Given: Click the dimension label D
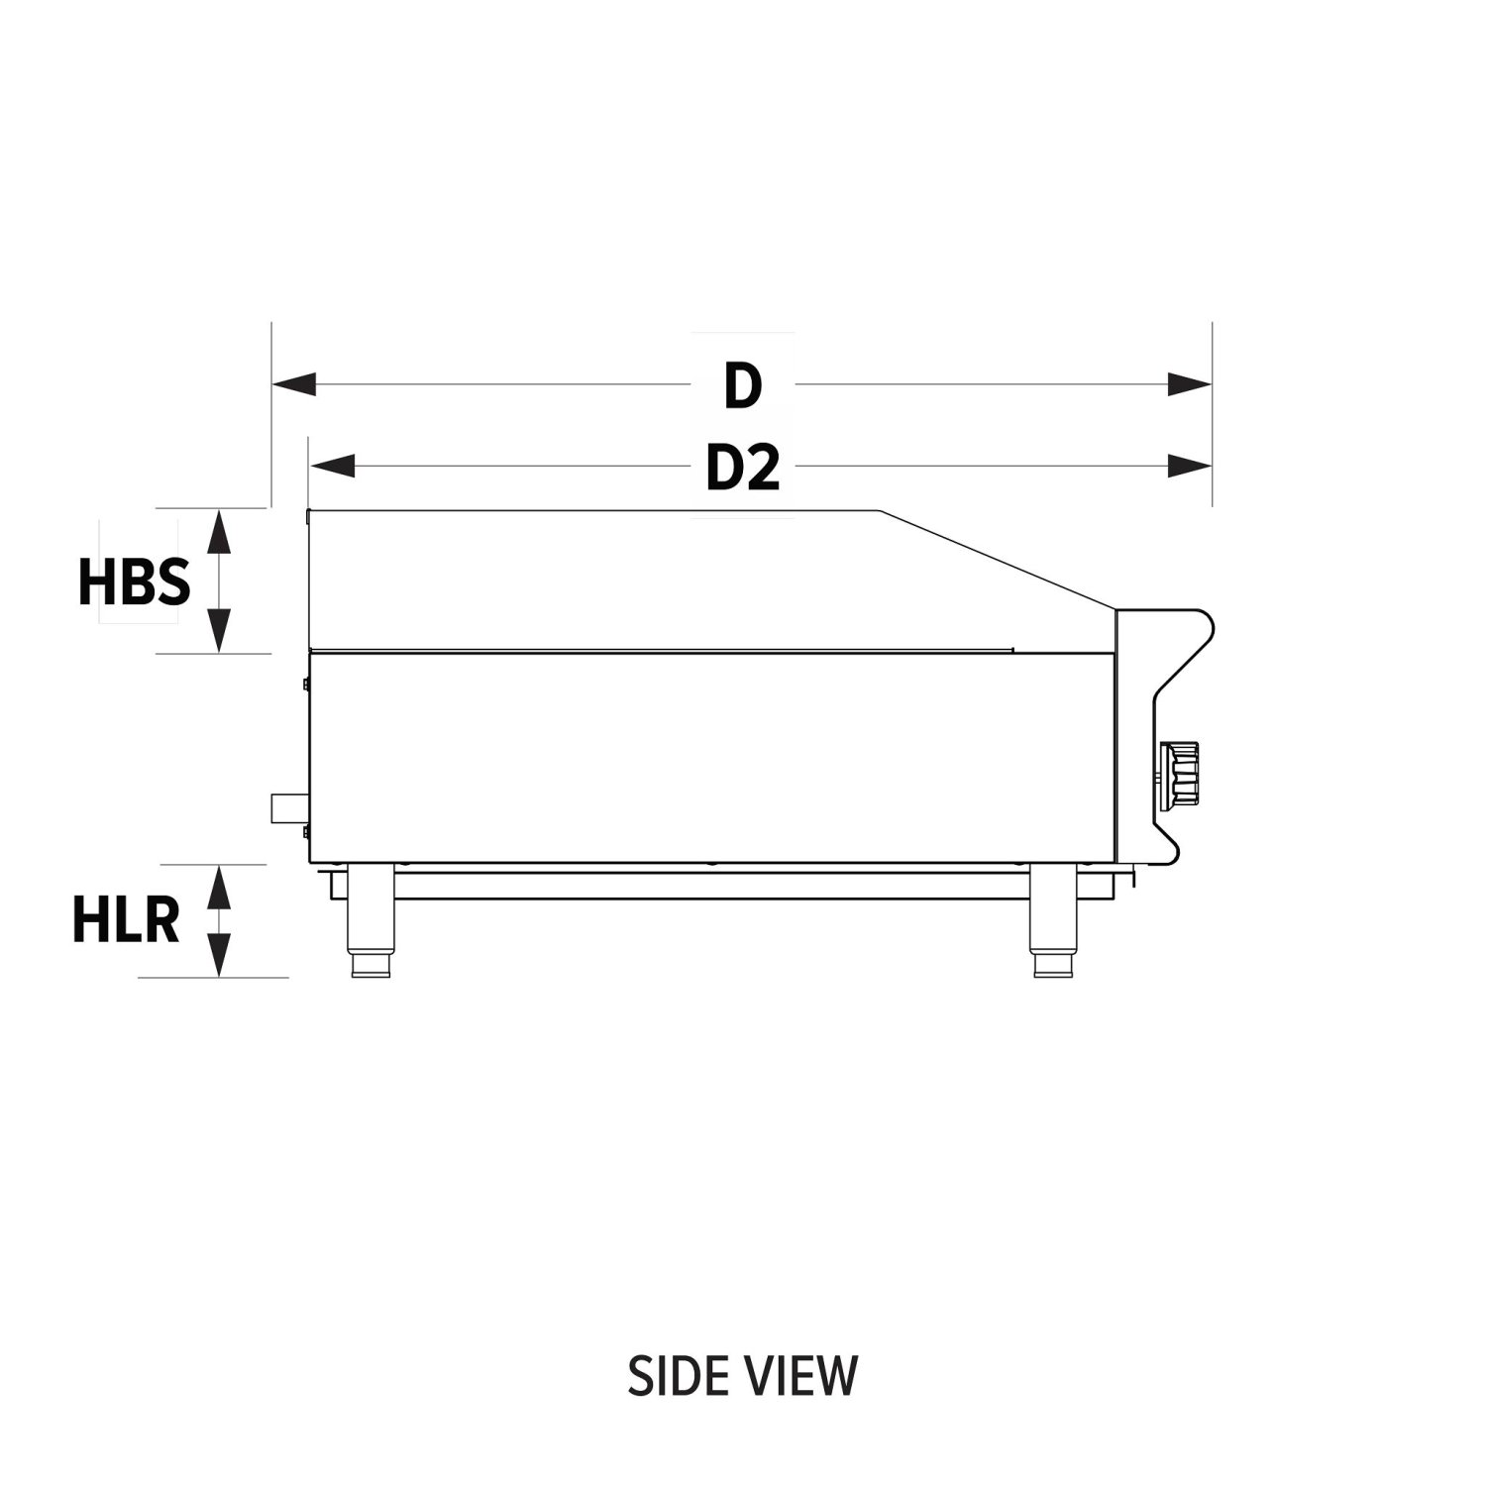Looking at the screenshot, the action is coord(742,385).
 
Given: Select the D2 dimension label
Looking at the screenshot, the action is coord(743,468).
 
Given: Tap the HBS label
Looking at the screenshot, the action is coord(134,582).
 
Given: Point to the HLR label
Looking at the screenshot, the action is coord(126,920).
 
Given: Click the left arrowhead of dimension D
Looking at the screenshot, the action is coord(294,384).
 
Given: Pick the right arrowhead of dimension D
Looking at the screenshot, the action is coord(1190,384).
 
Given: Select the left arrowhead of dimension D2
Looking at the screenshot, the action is coord(332,466).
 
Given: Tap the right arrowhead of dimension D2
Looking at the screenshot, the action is coord(1190,466).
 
